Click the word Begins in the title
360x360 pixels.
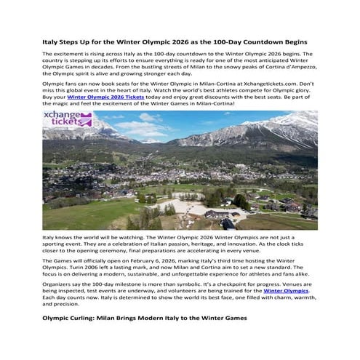[290, 43]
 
